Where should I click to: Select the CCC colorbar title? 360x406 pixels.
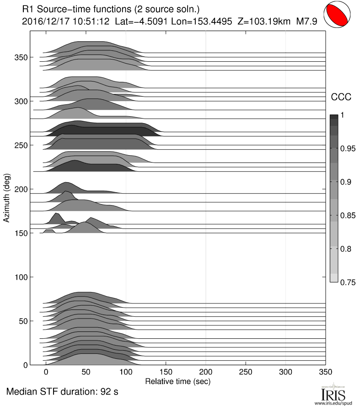click(x=340, y=97)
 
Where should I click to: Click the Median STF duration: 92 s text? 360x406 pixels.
click(x=63, y=393)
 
